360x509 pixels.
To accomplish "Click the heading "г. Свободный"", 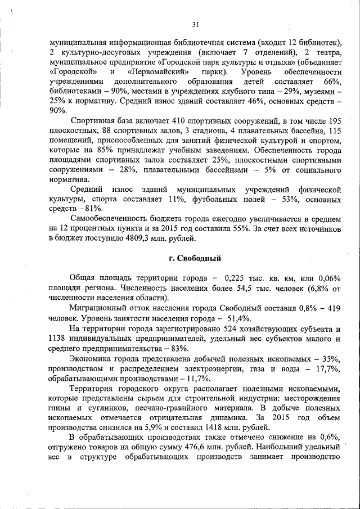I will click(x=191, y=258).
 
